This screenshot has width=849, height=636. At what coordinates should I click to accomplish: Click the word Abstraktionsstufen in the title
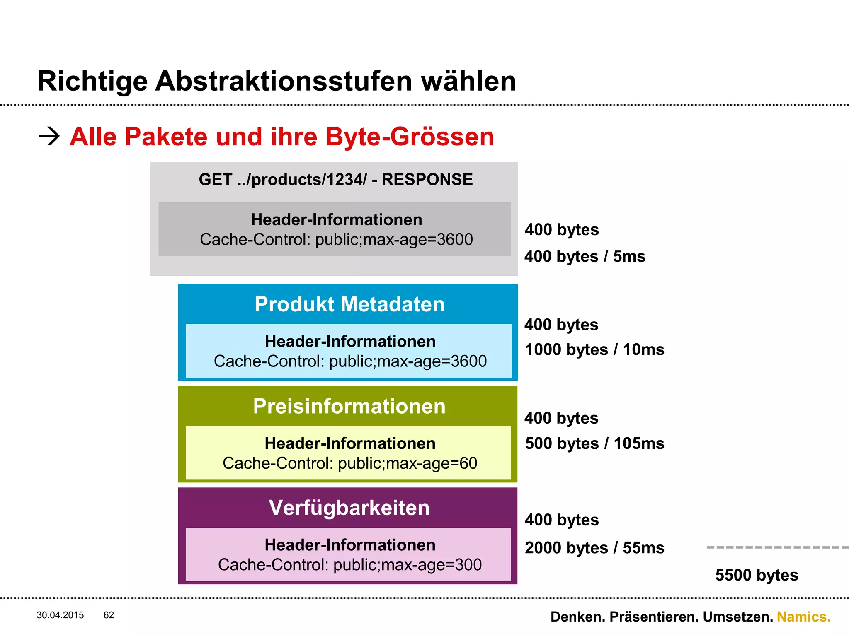pyautogui.click(x=284, y=81)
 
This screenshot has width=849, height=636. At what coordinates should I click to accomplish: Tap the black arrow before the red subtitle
pyautogui.click(x=49, y=136)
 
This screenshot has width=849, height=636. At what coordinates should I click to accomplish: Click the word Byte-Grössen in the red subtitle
pyautogui.click(x=410, y=137)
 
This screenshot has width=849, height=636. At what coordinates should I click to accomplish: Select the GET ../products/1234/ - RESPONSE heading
pyautogui.click(x=335, y=180)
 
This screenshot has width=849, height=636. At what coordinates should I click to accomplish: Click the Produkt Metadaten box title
pyautogui.click(x=349, y=304)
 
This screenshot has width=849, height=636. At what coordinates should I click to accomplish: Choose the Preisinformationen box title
pyautogui.click(x=349, y=406)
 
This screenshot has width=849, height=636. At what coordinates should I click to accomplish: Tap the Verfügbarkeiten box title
pyautogui.click(x=349, y=508)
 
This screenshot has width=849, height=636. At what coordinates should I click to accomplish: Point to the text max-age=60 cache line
pyautogui.click(x=349, y=463)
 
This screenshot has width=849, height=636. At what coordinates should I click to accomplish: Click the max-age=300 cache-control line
pyautogui.click(x=349, y=565)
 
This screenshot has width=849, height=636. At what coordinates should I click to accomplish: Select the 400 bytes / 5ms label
pyautogui.click(x=585, y=257)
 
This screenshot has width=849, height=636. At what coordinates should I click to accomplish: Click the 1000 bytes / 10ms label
pyautogui.click(x=594, y=350)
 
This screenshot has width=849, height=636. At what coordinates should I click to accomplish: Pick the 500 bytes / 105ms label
pyautogui.click(x=594, y=443)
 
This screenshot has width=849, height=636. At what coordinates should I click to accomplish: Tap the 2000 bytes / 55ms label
pyautogui.click(x=594, y=548)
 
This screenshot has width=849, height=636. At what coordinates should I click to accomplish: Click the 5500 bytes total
pyautogui.click(x=757, y=575)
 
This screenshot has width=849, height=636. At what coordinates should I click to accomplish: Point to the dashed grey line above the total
pyautogui.click(x=777, y=547)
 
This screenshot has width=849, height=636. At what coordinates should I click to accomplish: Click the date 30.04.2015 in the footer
pyautogui.click(x=60, y=615)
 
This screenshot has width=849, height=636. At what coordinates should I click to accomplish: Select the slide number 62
pyautogui.click(x=109, y=615)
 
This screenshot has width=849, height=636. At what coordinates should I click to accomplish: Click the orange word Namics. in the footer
pyautogui.click(x=803, y=617)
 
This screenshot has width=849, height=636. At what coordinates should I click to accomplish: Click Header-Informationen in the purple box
pyautogui.click(x=350, y=545)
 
